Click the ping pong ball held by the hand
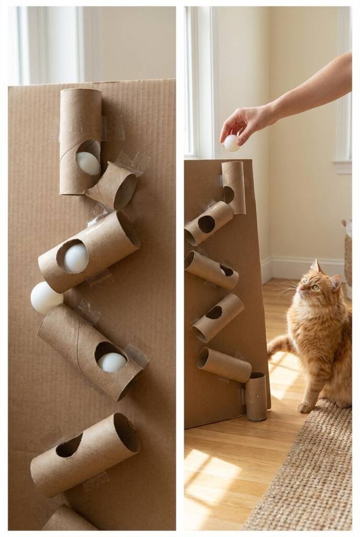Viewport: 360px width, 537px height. click(231, 143)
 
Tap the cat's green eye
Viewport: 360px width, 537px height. click(316, 287)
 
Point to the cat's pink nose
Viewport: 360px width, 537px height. click(300, 288)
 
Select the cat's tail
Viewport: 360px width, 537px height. click(279, 347)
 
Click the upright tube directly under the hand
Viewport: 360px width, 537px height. click(233, 187)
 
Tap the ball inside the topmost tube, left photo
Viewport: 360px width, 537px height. click(88, 163)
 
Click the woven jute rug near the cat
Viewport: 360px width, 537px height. click(309, 472)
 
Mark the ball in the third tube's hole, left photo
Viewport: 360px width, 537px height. click(112, 362)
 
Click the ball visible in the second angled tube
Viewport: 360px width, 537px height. click(76, 258)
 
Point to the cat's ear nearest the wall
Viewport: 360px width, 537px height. click(316, 267)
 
